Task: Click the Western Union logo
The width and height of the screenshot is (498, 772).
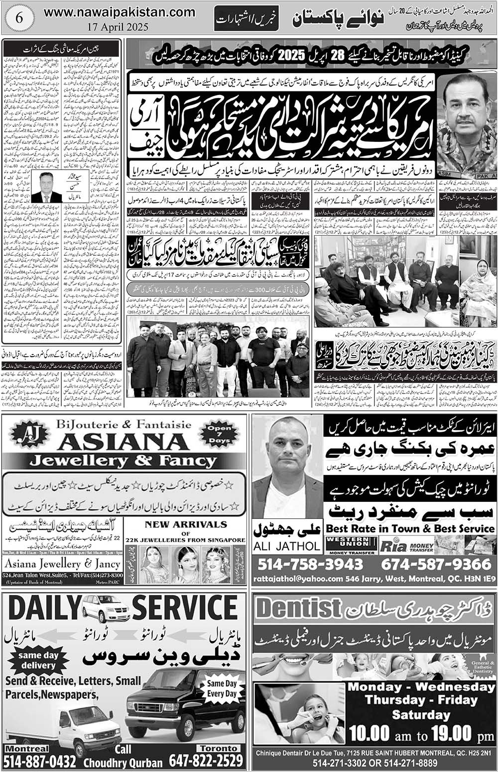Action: tap(351, 545)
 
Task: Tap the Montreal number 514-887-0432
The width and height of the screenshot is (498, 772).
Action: tap(40, 761)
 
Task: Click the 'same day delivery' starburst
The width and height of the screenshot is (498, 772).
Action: tap(38, 661)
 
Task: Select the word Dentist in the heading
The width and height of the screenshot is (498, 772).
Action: tap(298, 608)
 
